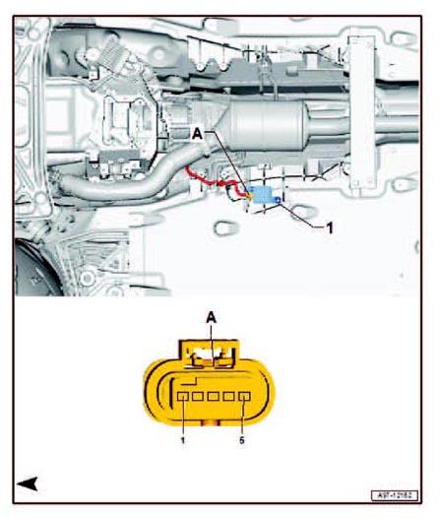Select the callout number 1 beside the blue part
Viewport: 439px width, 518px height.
[332, 226]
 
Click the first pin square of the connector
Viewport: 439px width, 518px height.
[184, 399]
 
